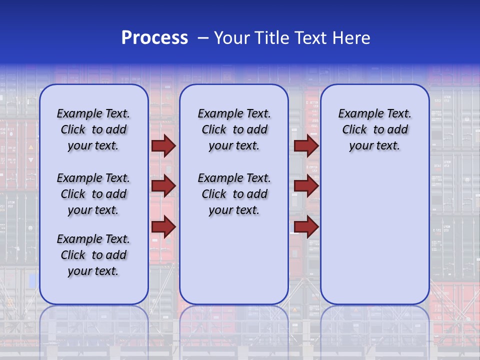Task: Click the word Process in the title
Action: [x=154, y=38]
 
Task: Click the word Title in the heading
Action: [x=273, y=38]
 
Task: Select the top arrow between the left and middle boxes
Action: [x=163, y=145]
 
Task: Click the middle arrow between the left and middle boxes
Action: [x=163, y=186]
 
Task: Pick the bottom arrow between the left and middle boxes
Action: [x=163, y=227]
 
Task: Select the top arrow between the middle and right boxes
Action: [x=306, y=145]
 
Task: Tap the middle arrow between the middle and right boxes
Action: [x=306, y=186]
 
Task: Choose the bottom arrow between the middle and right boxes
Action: [x=306, y=227]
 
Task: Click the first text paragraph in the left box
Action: [x=93, y=129]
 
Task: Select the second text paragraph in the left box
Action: [x=93, y=194]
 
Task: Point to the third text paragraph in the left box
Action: [x=93, y=255]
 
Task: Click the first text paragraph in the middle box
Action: [x=234, y=129]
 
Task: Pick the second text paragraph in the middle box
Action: [x=234, y=194]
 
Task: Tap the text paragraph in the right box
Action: [x=374, y=129]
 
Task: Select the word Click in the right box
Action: [x=354, y=130]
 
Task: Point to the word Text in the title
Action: [x=313, y=38]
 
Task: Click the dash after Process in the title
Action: [x=203, y=38]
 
